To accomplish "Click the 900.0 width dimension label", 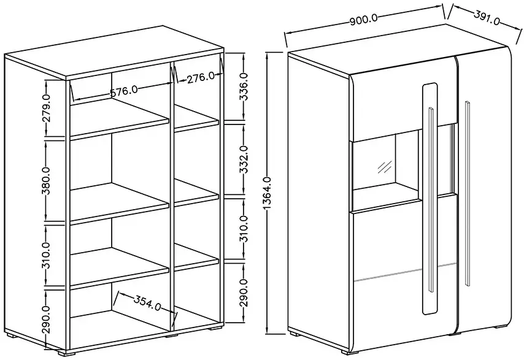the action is (x=364, y=20).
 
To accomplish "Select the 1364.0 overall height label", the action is (x=268, y=193).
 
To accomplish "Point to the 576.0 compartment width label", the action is (x=124, y=91).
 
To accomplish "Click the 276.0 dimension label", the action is (x=201, y=79).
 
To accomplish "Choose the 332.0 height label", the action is (x=244, y=159).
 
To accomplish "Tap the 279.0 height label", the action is (x=47, y=108).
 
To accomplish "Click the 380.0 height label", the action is (x=47, y=181).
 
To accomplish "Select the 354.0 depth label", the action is (x=148, y=302).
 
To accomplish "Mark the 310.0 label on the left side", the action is (x=47, y=256).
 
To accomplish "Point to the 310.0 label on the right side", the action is (x=244, y=229).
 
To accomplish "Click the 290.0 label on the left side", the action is (x=47, y=320).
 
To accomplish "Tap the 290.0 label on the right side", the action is (x=244, y=293).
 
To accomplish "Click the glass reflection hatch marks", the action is (x=384, y=167).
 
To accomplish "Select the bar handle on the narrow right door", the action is (x=467, y=193).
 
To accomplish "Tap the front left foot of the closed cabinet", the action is (x=347, y=351).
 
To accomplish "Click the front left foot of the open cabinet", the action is (x=64, y=352).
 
